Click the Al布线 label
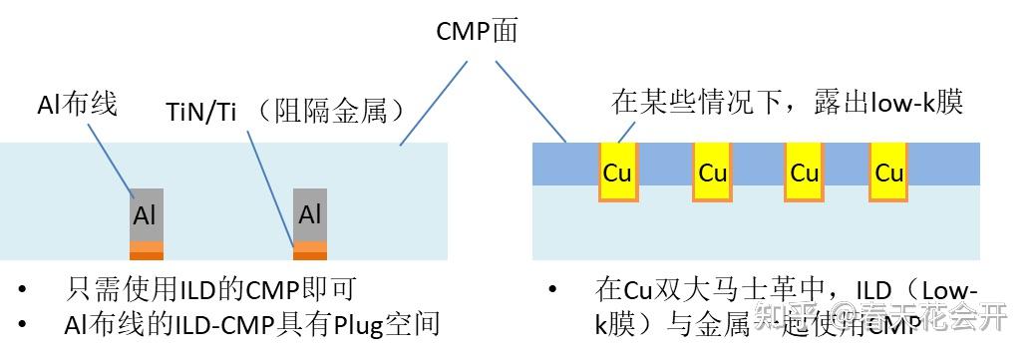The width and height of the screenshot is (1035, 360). tap(77, 104)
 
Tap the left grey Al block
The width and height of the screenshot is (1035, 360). tap(146, 214)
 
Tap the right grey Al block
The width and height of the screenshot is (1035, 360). tap(309, 214)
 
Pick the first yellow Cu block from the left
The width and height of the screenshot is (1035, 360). tap(617, 172)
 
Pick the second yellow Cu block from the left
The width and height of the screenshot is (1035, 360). tap(712, 172)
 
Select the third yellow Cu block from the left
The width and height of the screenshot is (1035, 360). tap(804, 172)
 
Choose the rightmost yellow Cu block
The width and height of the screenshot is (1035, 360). tap(888, 172)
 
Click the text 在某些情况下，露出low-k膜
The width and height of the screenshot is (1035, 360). tap(787, 103)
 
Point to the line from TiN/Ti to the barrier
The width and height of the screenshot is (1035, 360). tap(269, 189)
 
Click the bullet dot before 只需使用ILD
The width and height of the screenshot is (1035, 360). tap(22, 291)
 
